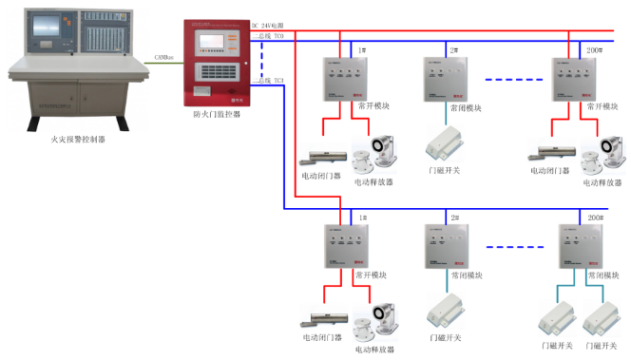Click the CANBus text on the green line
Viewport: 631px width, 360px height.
pyautogui.click(x=163, y=57)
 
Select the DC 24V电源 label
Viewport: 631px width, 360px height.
pyautogui.click(x=268, y=25)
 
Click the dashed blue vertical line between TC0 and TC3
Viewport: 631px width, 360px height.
pyautogui.click(x=263, y=59)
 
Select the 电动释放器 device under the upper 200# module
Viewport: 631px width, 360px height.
pyautogui.click(x=605, y=152)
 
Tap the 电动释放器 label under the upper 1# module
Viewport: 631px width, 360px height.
pyautogui.click(x=373, y=181)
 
